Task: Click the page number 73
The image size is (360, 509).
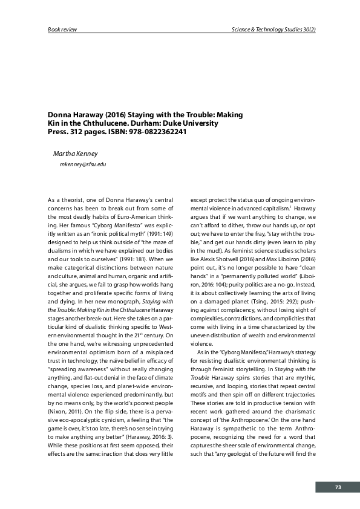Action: coord(338,487)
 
